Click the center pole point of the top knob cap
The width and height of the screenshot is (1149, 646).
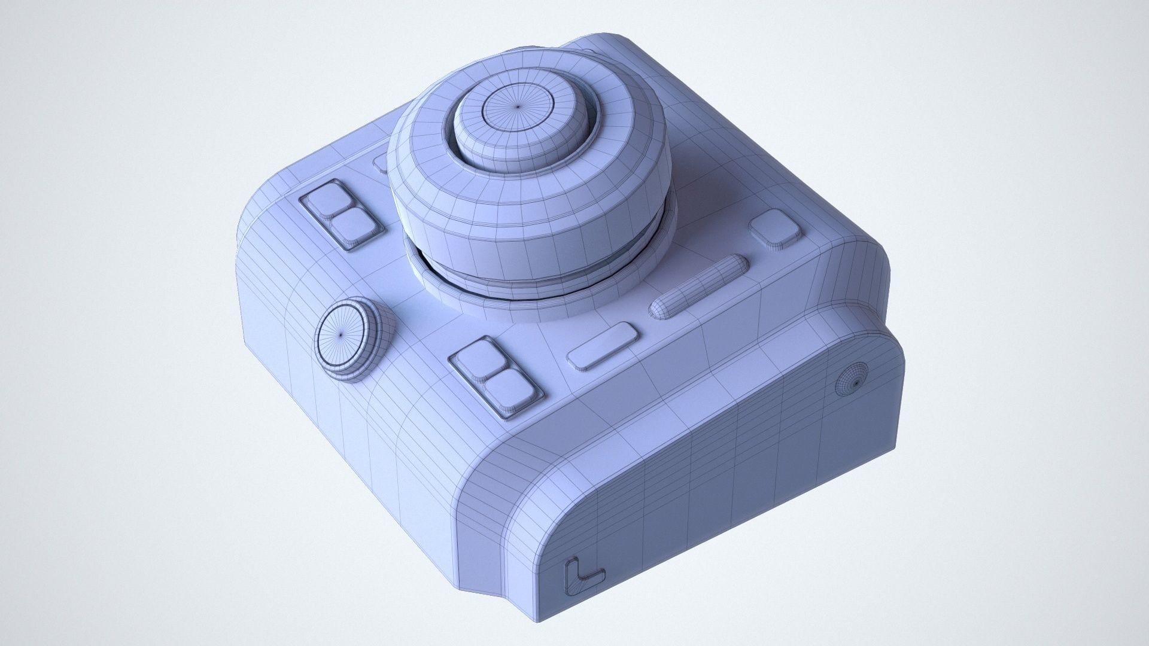coord(518,107)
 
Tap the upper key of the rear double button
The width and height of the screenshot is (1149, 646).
coord(329,199)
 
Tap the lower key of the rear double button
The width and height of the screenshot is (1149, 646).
coord(353,228)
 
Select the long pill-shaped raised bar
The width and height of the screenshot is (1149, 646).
coord(700,285)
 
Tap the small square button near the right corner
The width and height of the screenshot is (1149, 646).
coord(776,228)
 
